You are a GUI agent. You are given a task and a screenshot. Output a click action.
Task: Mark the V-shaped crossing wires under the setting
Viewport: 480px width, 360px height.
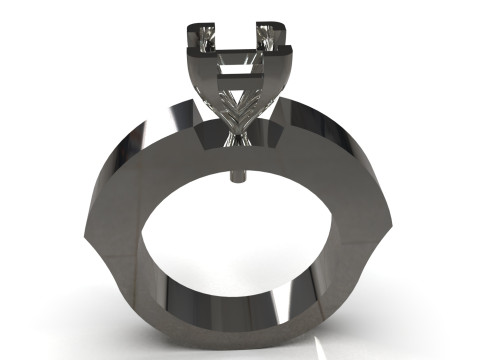[x=240, y=104]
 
